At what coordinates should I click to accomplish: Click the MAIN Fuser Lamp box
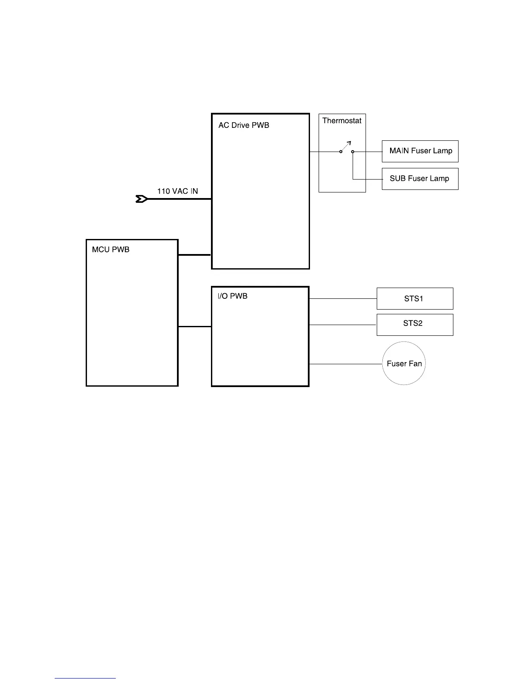tap(420, 151)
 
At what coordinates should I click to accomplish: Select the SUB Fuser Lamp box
tap(420, 179)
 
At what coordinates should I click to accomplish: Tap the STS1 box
tap(415, 298)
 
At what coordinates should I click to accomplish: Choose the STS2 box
tap(415, 325)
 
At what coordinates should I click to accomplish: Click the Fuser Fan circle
tap(404, 363)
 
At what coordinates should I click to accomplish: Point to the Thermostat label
tap(342, 121)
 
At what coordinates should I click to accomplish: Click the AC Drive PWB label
tap(244, 125)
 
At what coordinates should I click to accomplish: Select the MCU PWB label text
tap(111, 250)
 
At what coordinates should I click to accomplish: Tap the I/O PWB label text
tap(232, 296)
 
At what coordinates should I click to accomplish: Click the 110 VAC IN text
tap(177, 191)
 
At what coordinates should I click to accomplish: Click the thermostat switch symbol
tap(346, 147)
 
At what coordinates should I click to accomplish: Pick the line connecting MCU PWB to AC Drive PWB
tap(195, 255)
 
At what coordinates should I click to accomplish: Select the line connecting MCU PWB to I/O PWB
tap(195, 327)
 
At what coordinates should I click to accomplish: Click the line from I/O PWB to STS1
tap(343, 298)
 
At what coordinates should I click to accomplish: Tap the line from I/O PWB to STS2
tap(343, 325)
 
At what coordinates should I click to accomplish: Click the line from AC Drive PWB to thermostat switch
tap(324, 152)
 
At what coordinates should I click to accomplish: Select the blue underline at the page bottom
tap(85, 678)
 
